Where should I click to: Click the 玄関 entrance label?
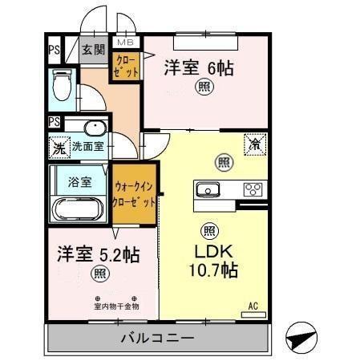click(94, 50)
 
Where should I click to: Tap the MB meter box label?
click(127, 42)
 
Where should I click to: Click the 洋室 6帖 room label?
click(200, 67)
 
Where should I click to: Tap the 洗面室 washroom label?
click(88, 147)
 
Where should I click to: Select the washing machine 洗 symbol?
click(58, 148)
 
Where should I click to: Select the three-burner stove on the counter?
click(252, 190)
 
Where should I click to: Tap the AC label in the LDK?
click(253, 306)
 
